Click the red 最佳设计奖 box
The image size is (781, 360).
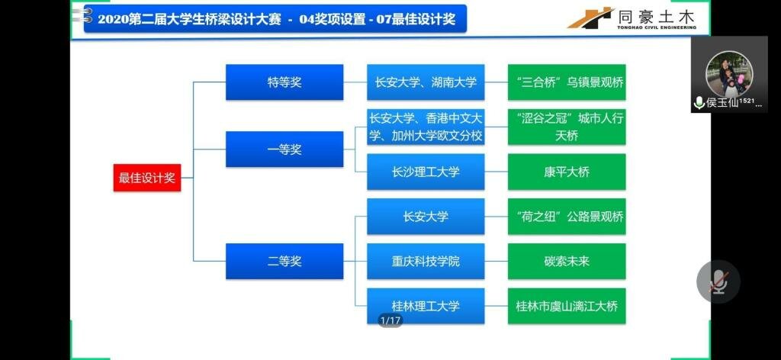147,178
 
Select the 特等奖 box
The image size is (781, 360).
284,82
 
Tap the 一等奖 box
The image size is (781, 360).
284,149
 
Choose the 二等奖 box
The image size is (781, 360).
284,261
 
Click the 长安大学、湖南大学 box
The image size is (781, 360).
426,82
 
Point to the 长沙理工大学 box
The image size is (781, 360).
426,172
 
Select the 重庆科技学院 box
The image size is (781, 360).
426,261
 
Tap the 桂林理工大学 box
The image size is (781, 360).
426,306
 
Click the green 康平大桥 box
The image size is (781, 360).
567,172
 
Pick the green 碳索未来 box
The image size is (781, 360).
567,261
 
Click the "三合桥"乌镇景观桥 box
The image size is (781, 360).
567,82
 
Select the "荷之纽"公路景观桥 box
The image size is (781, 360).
567,217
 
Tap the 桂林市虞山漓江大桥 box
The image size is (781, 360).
567,306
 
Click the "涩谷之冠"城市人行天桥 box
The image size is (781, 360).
567,127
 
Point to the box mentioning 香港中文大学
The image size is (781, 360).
426,127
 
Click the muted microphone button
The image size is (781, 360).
718,282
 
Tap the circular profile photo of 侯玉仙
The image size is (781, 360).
729,74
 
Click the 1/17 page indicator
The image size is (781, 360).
390,320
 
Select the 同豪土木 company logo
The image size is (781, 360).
632,18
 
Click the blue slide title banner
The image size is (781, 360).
275,19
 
